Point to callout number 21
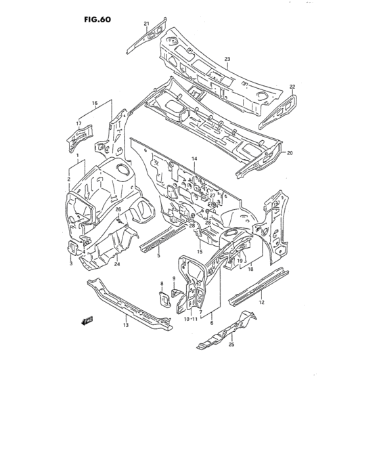146,24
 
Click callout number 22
292,87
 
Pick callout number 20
290,153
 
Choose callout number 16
95,104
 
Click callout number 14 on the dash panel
194,158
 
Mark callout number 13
125,326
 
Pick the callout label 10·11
189,319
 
